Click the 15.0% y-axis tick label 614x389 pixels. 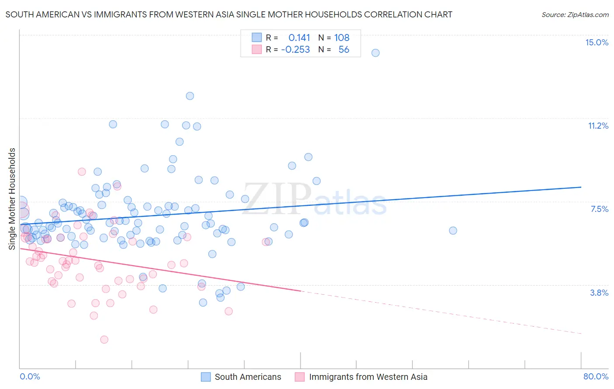(x=597, y=42)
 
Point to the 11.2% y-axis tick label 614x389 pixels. (x=598, y=126)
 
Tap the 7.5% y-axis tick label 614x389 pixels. (x=599, y=209)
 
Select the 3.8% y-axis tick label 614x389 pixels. (x=599, y=293)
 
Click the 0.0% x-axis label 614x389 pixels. (x=30, y=376)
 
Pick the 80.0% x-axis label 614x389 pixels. (x=596, y=376)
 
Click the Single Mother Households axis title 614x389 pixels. (x=12, y=199)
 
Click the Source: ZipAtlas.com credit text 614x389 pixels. (x=575, y=14)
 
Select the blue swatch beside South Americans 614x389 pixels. (x=206, y=377)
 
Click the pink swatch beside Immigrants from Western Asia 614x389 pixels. (x=300, y=377)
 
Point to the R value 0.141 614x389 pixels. (x=299, y=38)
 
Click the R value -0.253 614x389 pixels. (x=296, y=49)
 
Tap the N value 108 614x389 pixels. (x=341, y=38)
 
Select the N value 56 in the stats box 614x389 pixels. (x=344, y=49)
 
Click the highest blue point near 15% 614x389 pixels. (x=375, y=53)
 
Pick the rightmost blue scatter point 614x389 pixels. (x=453, y=231)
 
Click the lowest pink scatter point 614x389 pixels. (x=104, y=339)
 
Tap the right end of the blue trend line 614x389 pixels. (x=581, y=187)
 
